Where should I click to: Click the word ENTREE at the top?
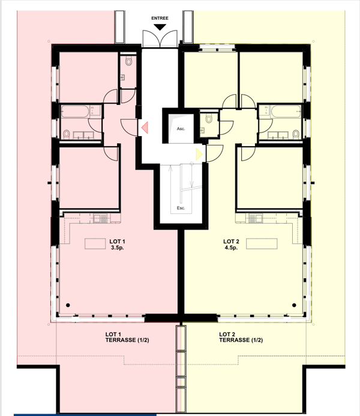point(160,18)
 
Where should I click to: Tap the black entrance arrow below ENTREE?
point(160,28)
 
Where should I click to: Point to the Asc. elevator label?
point(180,129)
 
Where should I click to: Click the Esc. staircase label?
point(181,208)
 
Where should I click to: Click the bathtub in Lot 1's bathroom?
point(75,111)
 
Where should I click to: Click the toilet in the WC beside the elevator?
point(208,119)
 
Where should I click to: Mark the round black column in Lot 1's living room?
point(68,305)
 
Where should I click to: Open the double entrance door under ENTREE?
point(160,41)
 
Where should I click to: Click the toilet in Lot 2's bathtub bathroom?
point(296,133)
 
